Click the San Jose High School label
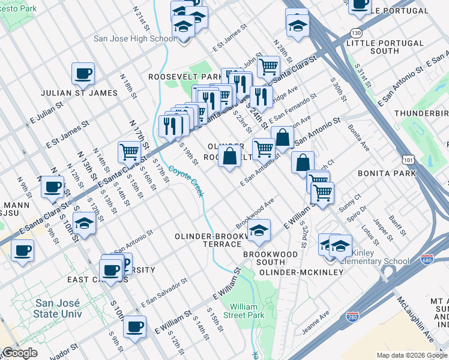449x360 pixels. tap(134, 39)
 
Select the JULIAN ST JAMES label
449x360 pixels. tap(79, 93)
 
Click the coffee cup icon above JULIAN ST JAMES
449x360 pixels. tap(83, 74)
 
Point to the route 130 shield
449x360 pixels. tap(357, 33)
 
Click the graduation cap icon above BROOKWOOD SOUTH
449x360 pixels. tap(259, 230)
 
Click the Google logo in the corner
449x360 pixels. tap(20, 353)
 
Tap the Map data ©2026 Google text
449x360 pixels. tap(411, 355)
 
